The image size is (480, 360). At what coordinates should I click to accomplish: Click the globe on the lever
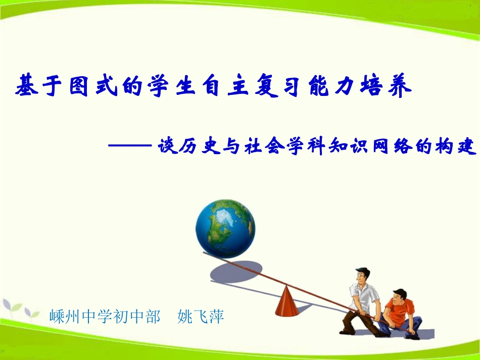pos(225,228)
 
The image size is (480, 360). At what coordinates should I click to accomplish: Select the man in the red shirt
pos(401,313)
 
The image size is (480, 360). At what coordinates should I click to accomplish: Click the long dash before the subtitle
pos(130,146)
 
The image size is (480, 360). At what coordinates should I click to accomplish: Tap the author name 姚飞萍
pos(201,317)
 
